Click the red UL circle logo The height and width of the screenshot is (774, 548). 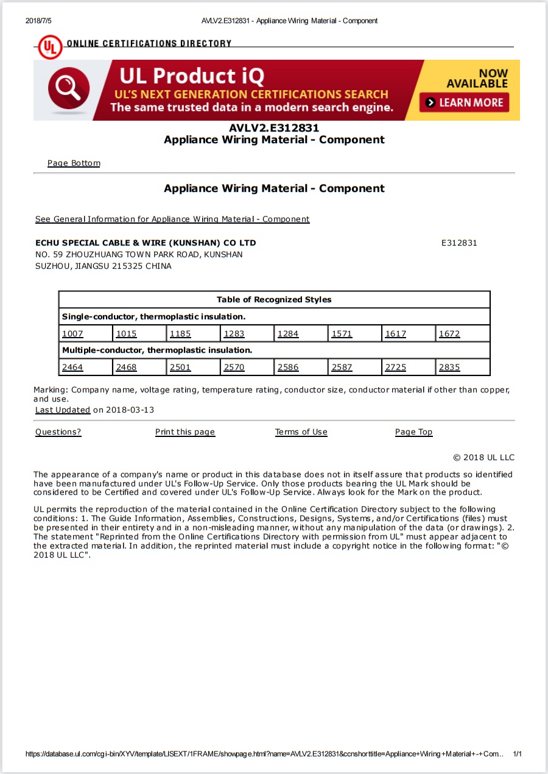[x=50, y=47]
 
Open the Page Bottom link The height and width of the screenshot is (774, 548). [x=74, y=163]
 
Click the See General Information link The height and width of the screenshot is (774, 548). [x=172, y=219]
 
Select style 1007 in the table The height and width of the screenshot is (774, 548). [x=72, y=334]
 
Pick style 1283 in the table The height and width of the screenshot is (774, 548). [x=234, y=334]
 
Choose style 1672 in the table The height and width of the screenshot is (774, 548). [x=449, y=334]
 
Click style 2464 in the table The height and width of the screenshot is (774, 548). [x=72, y=367]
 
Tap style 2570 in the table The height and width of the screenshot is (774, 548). [x=234, y=367]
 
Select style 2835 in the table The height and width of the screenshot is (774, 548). [x=449, y=367]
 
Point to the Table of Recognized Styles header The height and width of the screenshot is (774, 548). [x=274, y=300]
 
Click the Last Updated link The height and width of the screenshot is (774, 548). [x=63, y=410]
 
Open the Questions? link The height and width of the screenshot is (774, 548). [x=58, y=432]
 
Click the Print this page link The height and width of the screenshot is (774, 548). [x=185, y=432]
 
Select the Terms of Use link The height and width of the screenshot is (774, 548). [x=301, y=432]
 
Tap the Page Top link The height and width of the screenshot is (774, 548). [x=413, y=432]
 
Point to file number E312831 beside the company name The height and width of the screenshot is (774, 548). [x=459, y=243]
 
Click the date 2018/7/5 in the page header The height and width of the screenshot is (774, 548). [x=38, y=21]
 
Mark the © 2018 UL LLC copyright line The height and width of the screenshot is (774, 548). [x=483, y=458]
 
